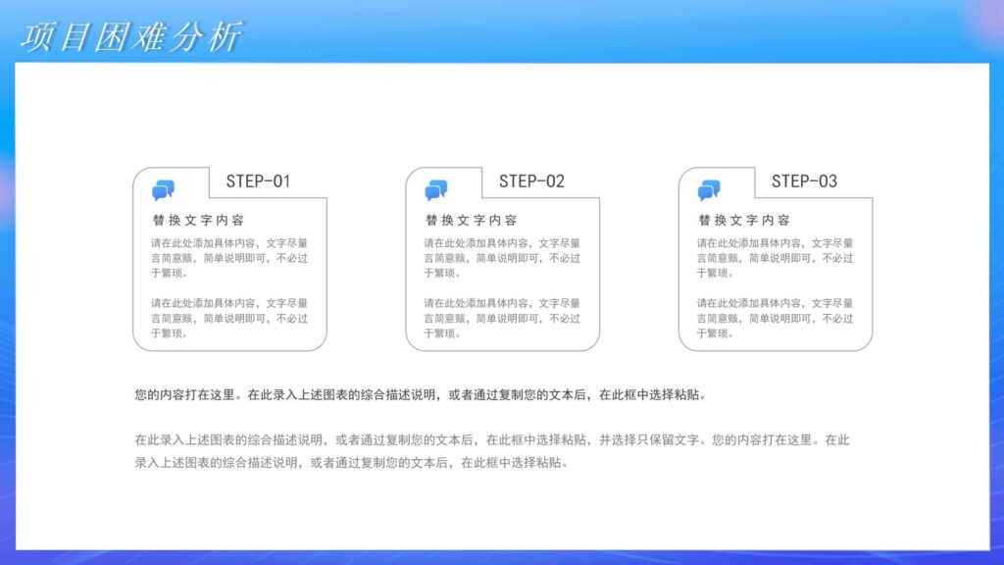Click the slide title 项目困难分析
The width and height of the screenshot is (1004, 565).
[x=130, y=37]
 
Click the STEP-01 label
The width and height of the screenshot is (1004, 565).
[x=258, y=181]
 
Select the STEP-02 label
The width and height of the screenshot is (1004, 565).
[x=531, y=181]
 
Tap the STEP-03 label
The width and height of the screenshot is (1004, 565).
[x=804, y=181]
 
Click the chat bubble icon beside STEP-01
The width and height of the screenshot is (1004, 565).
[x=163, y=190]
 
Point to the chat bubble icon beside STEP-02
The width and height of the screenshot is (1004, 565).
[x=435, y=190]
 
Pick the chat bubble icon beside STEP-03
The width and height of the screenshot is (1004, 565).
[x=709, y=190]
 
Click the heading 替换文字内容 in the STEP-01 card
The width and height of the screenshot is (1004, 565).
[x=198, y=221]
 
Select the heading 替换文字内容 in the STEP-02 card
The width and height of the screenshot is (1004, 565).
[x=471, y=221]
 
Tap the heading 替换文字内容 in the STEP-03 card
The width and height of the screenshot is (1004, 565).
[x=744, y=221]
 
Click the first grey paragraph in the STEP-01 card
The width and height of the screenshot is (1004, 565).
[x=229, y=258]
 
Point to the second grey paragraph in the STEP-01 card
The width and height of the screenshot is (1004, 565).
[x=229, y=319]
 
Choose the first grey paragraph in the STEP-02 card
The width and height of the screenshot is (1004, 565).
[x=502, y=258]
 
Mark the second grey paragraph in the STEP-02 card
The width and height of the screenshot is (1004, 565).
[x=502, y=319]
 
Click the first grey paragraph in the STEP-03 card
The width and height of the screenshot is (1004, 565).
[x=776, y=258]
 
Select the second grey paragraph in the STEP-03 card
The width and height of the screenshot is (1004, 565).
[x=776, y=319]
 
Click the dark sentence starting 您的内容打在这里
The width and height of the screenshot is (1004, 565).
[x=420, y=395]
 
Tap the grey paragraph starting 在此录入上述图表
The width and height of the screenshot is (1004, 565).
[x=490, y=451]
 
